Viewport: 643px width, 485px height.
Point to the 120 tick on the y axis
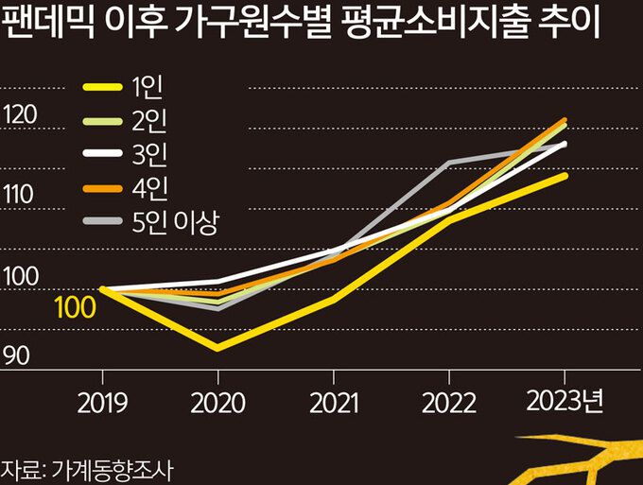[20, 115]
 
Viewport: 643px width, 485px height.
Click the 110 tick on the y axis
[20, 196]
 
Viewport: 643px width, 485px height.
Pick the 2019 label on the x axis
[101, 404]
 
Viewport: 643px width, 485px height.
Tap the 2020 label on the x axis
[217, 404]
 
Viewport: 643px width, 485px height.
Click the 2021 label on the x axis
[332, 404]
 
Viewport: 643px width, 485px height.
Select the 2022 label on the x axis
[449, 404]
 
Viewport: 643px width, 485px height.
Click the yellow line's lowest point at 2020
[217, 349]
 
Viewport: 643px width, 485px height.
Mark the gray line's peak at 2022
[449, 163]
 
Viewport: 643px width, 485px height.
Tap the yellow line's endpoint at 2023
[565, 175]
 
